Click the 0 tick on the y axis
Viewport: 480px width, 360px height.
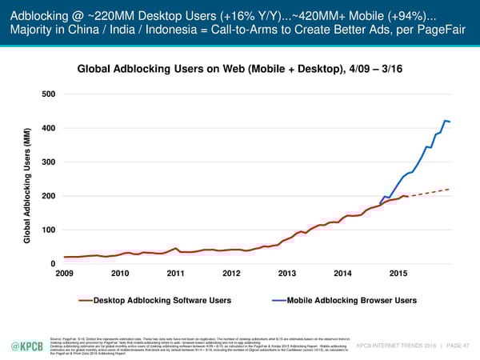coord(53,264)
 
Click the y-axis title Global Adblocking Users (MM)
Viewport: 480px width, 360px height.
coord(27,186)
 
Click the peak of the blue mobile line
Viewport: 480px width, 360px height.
coord(445,121)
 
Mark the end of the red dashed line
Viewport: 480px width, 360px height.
coord(450,189)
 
